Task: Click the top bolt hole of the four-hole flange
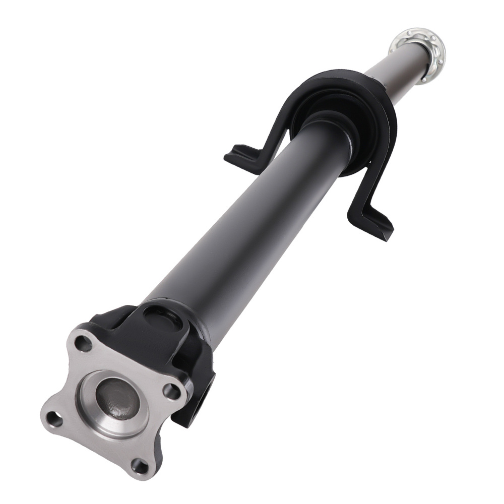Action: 82,344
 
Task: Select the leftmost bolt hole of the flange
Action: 52,417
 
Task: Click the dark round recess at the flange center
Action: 116,401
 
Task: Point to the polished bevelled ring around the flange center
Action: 96,413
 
